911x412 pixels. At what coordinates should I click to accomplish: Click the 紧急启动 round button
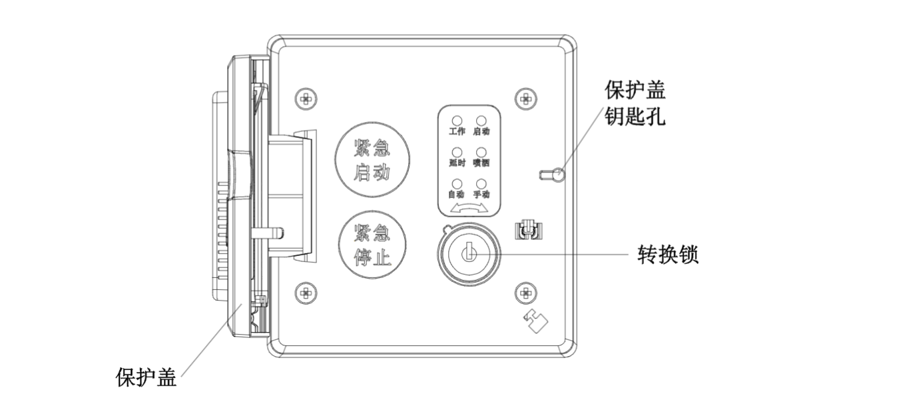pyautogui.click(x=372, y=159)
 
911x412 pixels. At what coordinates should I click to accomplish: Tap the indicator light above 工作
pyautogui.click(x=457, y=121)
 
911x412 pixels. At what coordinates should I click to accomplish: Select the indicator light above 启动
pyautogui.click(x=481, y=121)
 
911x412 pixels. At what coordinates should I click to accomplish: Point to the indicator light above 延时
pyautogui.click(x=457, y=152)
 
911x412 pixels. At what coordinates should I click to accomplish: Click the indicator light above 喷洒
pyautogui.click(x=481, y=152)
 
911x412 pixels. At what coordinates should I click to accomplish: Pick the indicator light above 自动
pyautogui.click(x=457, y=183)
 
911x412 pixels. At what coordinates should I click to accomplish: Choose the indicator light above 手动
pyautogui.click(x=481, y=183)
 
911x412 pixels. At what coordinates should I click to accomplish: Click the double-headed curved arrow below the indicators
pyautogui.click(x=469, y=209)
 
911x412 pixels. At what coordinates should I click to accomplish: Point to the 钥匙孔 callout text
pyautogui.click(x=635, y=118)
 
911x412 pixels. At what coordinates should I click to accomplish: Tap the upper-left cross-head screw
pyautogui.click(x=306, y=99)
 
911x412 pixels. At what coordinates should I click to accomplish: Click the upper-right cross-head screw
pyautogui.click(x=525, y=99)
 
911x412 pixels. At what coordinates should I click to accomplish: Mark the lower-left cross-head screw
pyautogui.click(x=306, y=291)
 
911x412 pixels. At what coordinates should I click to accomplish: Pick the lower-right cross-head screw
pyautogui.click(x=525, y=291)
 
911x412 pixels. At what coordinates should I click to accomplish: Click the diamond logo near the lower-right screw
pyautogui.click(x=535, y=322)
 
